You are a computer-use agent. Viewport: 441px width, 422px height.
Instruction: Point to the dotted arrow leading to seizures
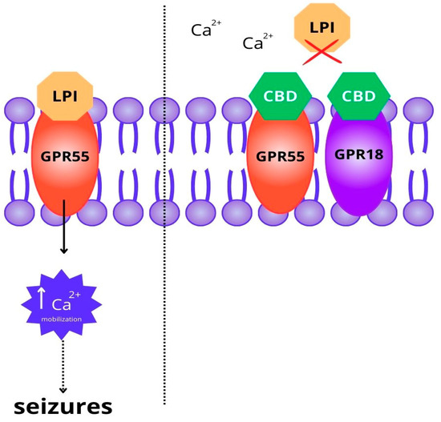64,364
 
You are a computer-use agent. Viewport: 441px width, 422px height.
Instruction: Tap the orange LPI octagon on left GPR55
64,94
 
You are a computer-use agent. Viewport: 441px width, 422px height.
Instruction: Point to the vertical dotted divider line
165,240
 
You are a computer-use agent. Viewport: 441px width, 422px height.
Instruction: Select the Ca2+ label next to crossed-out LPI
257,42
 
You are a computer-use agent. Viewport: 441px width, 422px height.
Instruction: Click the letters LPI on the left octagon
64,94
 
